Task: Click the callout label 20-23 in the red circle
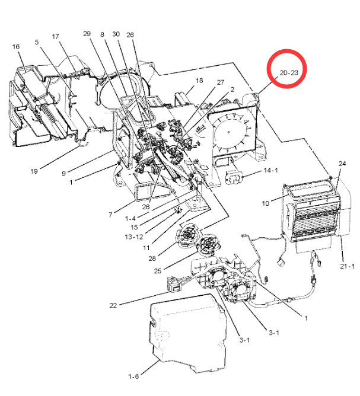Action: click(288, 73)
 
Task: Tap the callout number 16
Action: click(16, 46)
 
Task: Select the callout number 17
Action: click(56, 37)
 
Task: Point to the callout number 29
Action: click(87, 34)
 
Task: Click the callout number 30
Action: click(116, 34)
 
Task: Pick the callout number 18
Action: click(199, 80)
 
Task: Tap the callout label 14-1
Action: click(270, 171)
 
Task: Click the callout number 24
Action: click(342, 163)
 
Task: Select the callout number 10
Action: click(266, 203)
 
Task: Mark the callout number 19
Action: click(34, 171)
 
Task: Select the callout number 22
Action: click(114, 306)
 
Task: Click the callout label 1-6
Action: click(133, 376)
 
